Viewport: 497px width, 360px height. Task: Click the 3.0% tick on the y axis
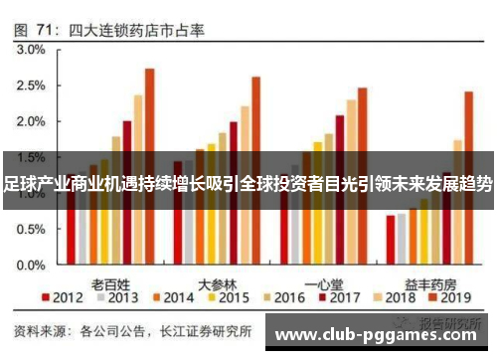click(31, 49)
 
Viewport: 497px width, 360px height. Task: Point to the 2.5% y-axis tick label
click(31, 85)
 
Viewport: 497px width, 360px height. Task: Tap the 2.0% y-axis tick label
click(31, 121)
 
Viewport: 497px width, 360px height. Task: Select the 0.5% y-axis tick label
click(31, 230)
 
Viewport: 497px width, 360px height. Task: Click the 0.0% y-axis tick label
click(31, 266)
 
